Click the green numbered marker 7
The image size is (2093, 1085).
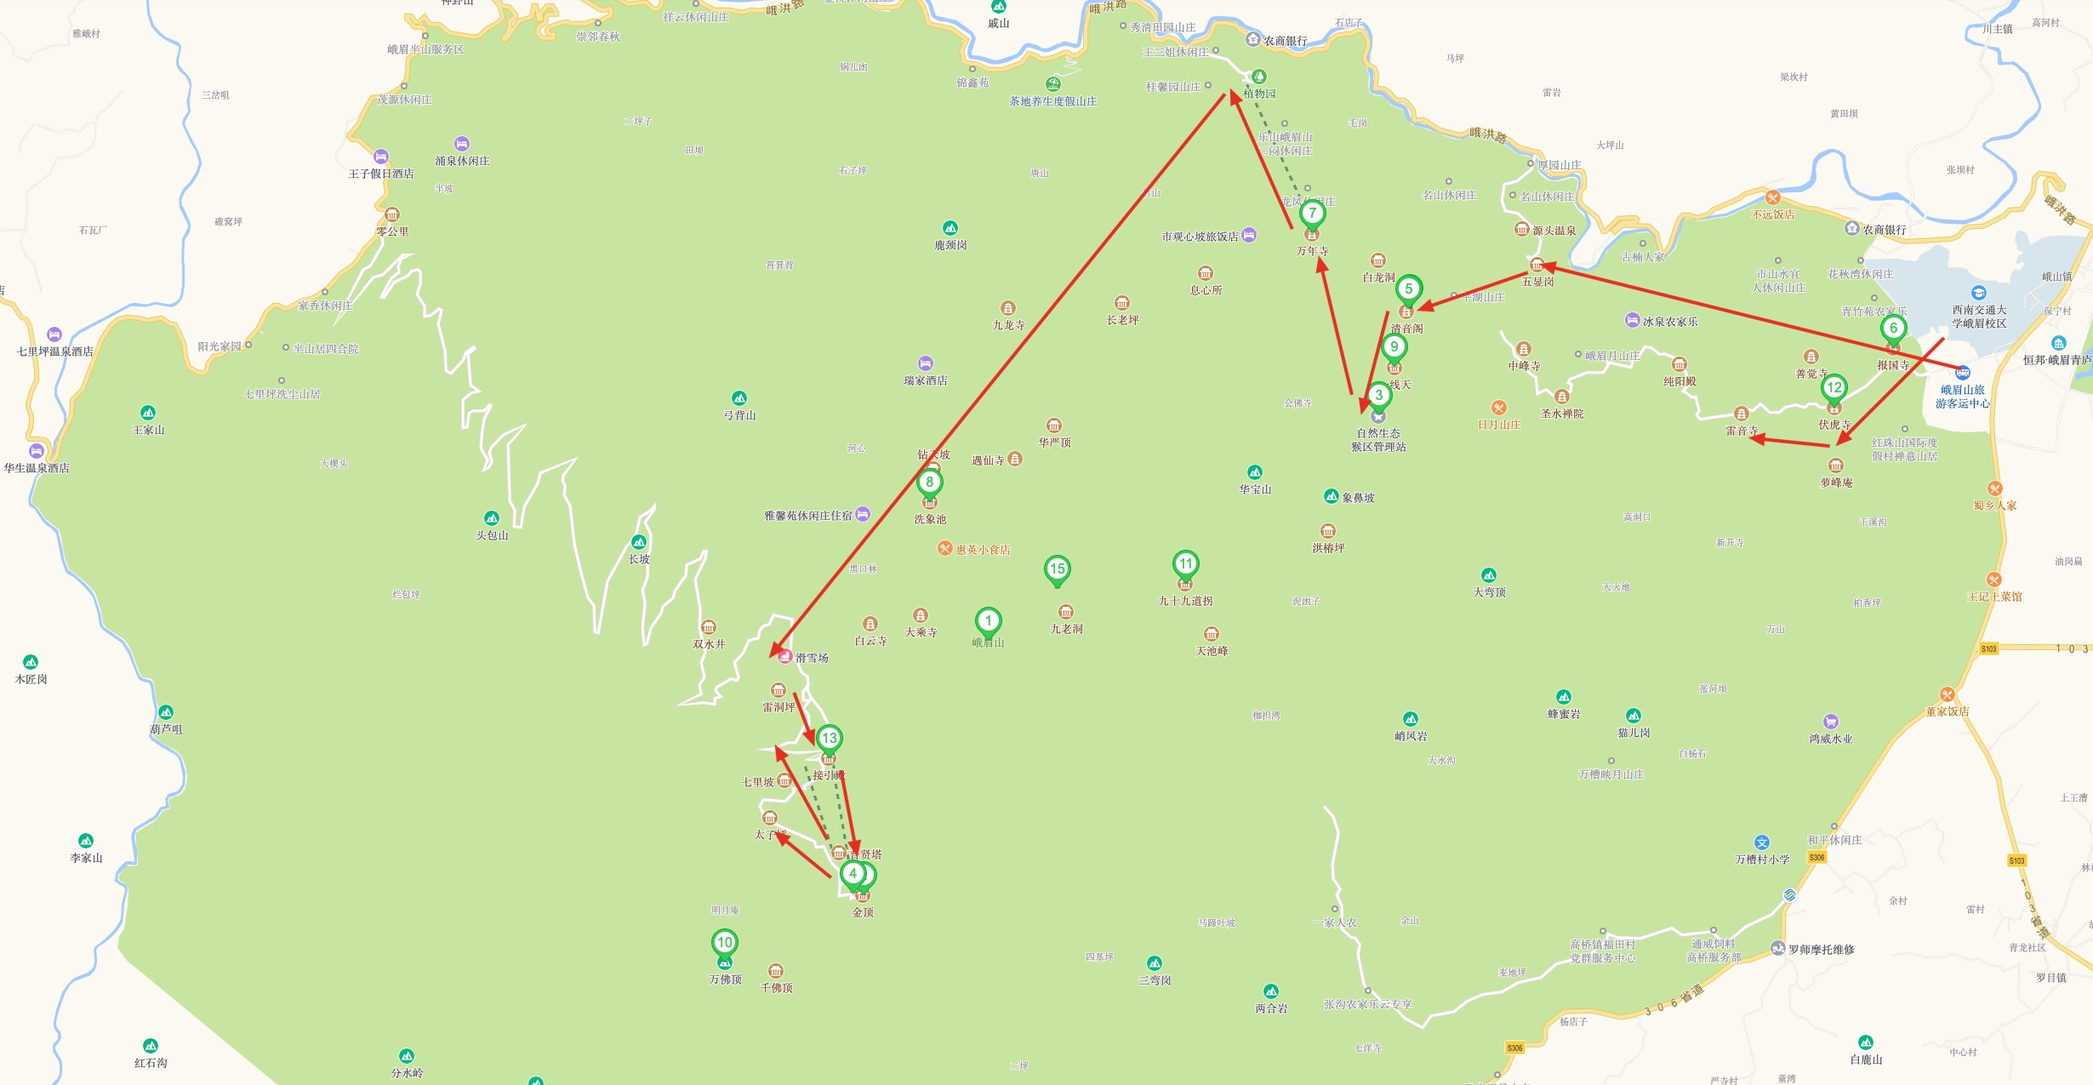[x=1312, y=213]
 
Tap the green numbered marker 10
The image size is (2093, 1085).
[x=724, y=942]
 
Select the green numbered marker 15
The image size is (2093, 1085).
[x=1057, y=568]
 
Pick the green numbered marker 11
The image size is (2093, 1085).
[x=1185, y=563]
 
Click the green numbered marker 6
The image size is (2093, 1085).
[x=1893, y=328]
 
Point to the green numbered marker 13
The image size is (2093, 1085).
[x=829, y=738]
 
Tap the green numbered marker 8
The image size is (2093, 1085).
[x=929, y=482]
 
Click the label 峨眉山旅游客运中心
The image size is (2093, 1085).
[x=1962, y=397]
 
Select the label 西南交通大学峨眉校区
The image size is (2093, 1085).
[x=1979, y=317]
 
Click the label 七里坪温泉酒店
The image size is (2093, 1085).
[x=55, y=351]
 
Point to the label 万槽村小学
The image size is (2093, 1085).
[x=1762, y=859]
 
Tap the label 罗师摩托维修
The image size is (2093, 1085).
[x=1821, y=950]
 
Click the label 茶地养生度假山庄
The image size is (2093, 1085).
[x=1053, y=101]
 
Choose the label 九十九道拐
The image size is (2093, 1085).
[x=1185, y=601]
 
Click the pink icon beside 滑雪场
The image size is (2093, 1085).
[x=785, y=657]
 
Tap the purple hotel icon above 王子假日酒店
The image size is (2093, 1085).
[x=381, y=157]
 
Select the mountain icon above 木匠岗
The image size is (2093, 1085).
[x=31, y=662]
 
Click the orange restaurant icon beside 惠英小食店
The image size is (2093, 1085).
[x=944, y=549]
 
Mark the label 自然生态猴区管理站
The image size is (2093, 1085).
[x=1378, y=440]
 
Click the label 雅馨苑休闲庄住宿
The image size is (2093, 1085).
[x=807, y=516]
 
